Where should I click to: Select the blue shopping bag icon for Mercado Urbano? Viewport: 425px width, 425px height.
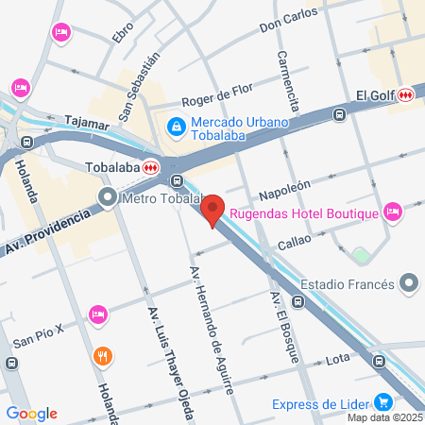pos(176,126)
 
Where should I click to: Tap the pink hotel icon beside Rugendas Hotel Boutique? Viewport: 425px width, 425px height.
pos(394,212)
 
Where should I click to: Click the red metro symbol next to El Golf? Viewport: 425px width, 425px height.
pos(406,94)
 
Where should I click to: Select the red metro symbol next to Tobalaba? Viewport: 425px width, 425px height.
pos(151,167)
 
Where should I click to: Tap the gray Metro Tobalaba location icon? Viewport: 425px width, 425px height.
pos(109,198)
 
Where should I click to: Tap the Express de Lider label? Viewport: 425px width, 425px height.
pos(320,405)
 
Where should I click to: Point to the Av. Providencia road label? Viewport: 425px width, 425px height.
pos(47,231)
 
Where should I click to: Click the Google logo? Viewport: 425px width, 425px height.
pos(31,413)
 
